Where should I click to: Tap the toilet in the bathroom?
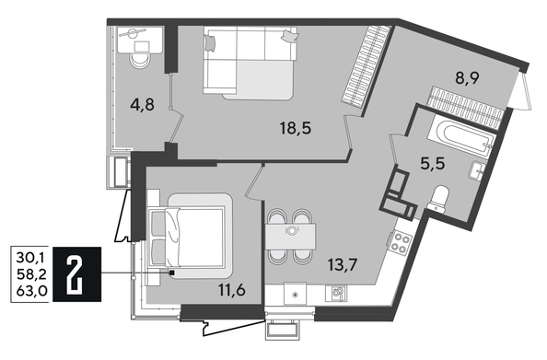click(439, 196)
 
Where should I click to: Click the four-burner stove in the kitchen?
click(402, 244)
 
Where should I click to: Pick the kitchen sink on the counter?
click(339, 293)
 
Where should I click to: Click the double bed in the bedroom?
click(190, 235)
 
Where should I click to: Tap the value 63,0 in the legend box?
click(28, 294)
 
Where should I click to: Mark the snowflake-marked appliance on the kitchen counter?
click(295, 293)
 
